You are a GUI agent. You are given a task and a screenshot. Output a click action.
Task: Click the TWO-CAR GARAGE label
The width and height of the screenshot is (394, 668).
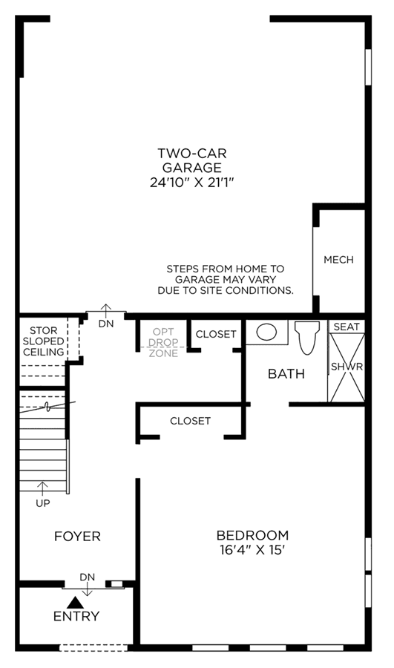(x=192, y=160)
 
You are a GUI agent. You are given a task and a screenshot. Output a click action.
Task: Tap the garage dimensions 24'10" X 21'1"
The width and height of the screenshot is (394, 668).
(x=192, y=183)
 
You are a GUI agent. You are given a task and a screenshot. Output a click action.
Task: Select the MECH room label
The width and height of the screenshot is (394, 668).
(x=338, y=260)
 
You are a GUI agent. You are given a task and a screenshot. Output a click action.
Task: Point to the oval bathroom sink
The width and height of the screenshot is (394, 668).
(x=266, y=332)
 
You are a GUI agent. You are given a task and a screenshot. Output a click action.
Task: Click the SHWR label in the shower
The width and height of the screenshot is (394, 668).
(x=347, y=367)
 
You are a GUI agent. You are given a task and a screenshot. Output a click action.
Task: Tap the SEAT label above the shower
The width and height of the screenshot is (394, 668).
(x=347, y=327)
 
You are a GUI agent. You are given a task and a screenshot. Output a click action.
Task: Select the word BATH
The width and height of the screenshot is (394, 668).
(x=286, y=373)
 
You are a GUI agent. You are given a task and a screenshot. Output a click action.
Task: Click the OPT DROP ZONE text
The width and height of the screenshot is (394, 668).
(x=163, y=342)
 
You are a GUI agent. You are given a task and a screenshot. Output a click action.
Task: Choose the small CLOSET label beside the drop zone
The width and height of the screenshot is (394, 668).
(x=215, y=334)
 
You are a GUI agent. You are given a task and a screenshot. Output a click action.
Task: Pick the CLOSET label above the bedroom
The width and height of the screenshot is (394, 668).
(x=190, y=421)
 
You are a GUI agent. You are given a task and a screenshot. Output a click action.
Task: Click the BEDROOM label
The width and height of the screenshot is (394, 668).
(x=252, y=535)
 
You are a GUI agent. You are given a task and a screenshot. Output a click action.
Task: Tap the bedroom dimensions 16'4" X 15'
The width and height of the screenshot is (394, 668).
(x=252, y=550)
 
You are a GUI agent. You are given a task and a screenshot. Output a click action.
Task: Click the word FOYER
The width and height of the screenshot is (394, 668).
(x=77, y=536)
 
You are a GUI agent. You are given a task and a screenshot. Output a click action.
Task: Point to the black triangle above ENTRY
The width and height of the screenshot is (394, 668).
(x=76, y=602)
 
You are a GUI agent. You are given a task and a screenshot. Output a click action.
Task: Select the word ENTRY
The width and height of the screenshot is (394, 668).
(x=76, y=616)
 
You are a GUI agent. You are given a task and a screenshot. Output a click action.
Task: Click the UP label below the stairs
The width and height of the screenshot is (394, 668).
(x=42, y=503)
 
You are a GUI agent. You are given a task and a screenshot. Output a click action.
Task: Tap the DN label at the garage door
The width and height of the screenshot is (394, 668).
(x=106, y=324)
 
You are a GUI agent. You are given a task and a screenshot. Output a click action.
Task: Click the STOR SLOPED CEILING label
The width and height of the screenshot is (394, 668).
(x=44, y=341)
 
